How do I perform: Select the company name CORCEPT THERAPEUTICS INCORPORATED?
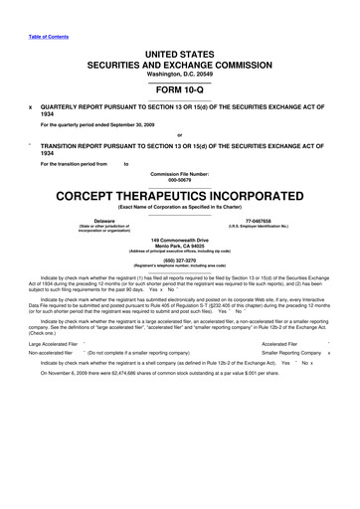180,194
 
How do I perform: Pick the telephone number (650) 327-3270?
180,260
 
